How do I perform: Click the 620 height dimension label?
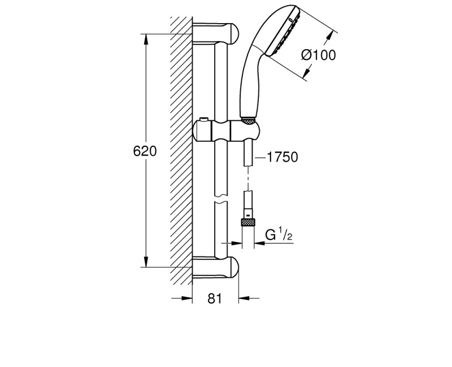click(145, 151)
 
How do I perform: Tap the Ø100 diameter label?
click(318, 55)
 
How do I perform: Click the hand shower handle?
click(250, 85)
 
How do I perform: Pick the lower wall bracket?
click(217, 266)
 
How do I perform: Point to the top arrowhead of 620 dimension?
click(146, 38)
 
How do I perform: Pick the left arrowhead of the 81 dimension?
click(188, 299)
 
